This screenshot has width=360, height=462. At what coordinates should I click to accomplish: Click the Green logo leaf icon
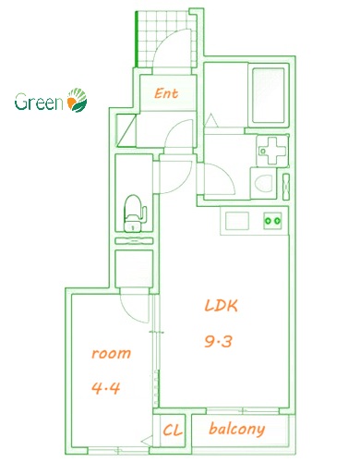tap(78, 101)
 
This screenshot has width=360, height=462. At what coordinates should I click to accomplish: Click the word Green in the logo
tap(39, 102)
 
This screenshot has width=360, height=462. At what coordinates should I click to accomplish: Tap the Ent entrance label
tap(166, 93)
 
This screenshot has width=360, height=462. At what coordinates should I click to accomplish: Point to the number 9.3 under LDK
tap(217, 341)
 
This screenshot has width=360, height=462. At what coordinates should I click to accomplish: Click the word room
tap(111, 353)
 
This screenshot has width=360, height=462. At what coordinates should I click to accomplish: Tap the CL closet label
tap(172, 430)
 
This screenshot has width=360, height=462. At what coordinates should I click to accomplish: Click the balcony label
tap(237, 429)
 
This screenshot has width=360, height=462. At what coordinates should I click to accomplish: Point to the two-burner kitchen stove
tap(272, 221)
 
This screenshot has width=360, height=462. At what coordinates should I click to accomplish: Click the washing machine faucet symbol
tap(271, 148)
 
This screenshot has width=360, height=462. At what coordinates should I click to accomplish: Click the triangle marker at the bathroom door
tap(210, 120)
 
